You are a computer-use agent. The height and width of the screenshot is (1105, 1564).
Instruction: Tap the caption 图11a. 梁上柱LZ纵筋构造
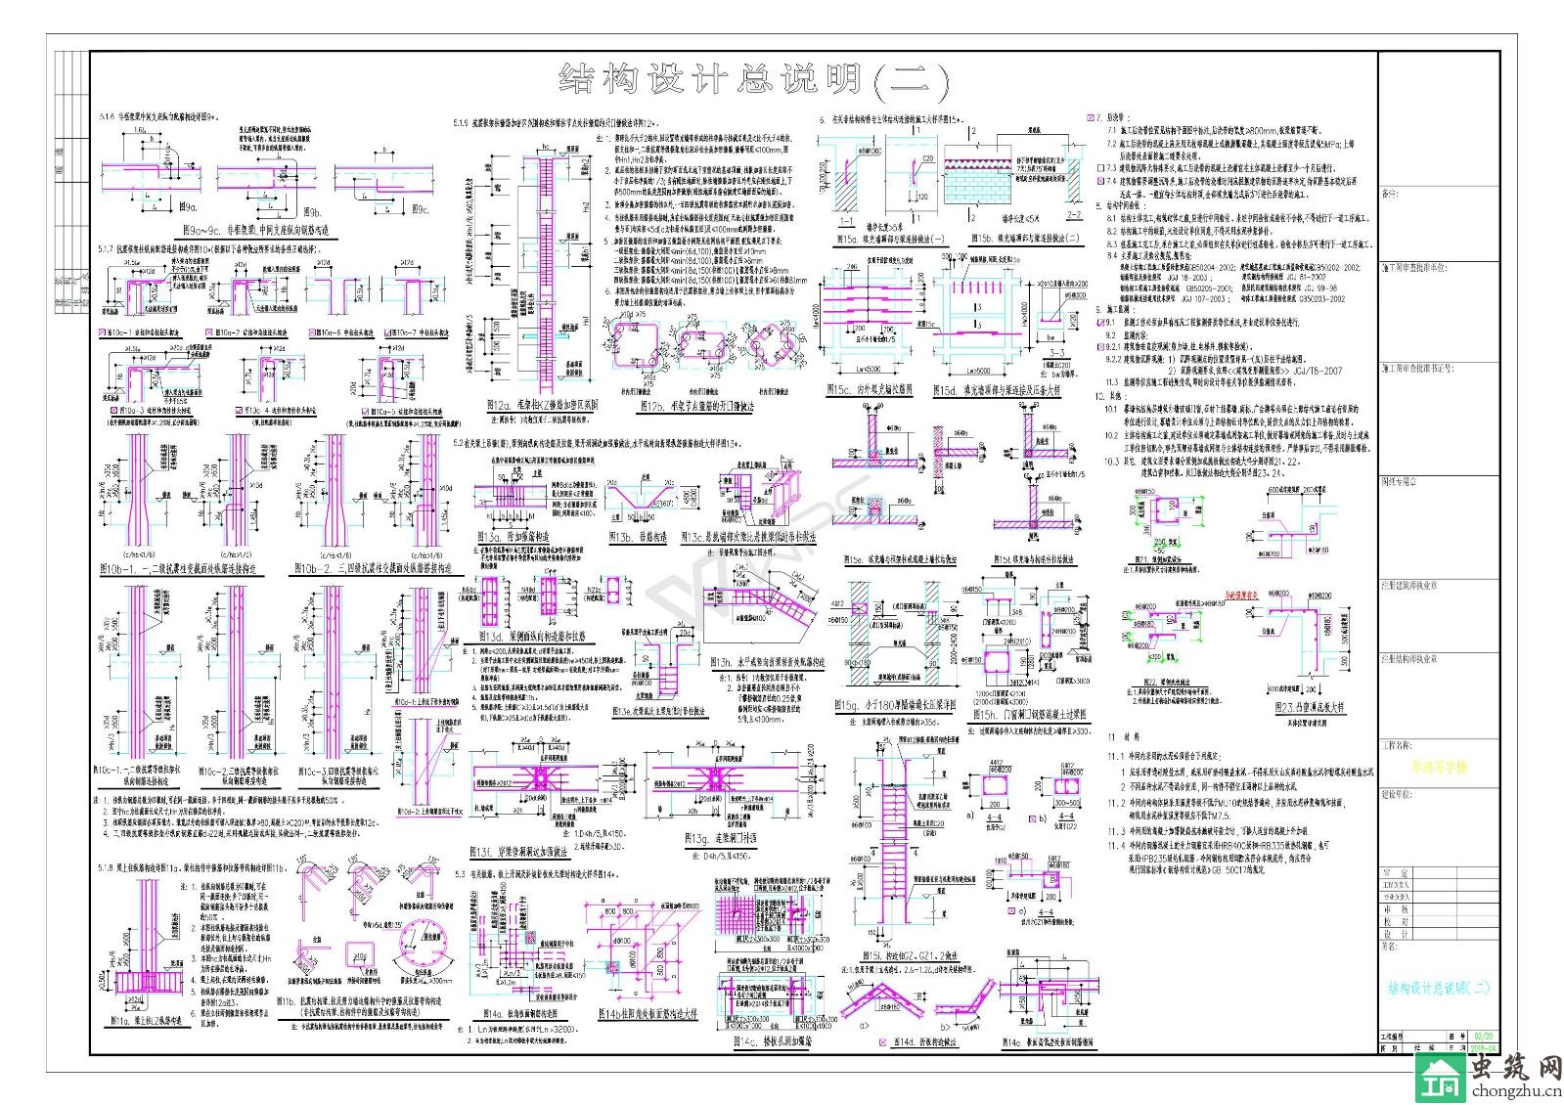click(145, 1022)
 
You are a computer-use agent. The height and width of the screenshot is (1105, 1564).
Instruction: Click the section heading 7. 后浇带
click(1116, 117)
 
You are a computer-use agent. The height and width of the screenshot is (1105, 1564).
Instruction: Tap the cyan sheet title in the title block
click(1438, 988)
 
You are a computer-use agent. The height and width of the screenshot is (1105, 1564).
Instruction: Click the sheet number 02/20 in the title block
click(1482, 1035)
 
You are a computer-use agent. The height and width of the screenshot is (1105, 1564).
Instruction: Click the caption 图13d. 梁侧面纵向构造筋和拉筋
click(532, 637)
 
